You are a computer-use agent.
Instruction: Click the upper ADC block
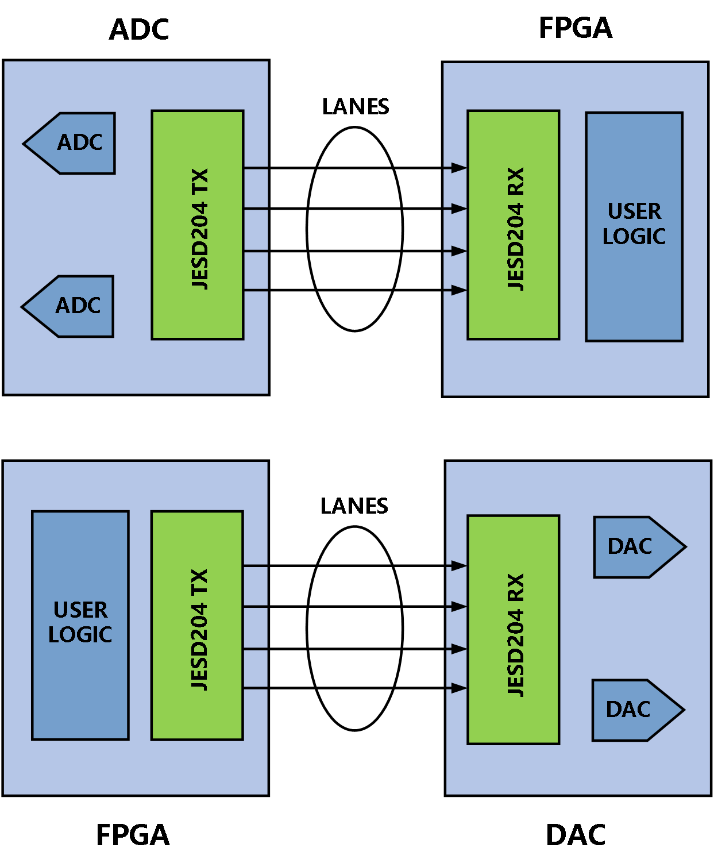(75, 143)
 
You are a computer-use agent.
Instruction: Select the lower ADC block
(73, 306)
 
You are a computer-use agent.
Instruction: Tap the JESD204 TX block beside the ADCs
(198, 225)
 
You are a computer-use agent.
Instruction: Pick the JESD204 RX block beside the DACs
(514, 630)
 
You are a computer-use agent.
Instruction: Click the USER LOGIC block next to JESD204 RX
(634, 227)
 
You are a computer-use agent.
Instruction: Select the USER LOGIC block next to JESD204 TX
(80, 625)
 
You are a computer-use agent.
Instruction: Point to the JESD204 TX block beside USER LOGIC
(197, 625)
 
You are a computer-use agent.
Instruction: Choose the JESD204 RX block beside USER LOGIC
(514, 225)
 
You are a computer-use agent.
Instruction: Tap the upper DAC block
(635, 547)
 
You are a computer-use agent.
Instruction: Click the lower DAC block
(633, 710)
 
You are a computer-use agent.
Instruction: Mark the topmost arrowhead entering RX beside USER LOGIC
(459, 168)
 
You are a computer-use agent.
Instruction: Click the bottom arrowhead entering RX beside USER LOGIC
(459, 290)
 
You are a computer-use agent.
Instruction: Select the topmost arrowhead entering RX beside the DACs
(459, 566)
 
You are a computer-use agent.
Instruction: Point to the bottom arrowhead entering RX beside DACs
(459, 688)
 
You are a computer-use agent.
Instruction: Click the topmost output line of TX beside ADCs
(256, 168)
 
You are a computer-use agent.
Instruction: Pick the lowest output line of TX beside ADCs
(256, 290)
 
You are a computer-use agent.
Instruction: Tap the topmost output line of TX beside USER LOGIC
(256, 566)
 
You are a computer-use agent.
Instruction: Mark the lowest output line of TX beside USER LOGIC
(256, 688)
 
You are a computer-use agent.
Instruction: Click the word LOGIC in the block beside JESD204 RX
(634, 237)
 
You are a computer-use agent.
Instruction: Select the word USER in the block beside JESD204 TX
(80, 610)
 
